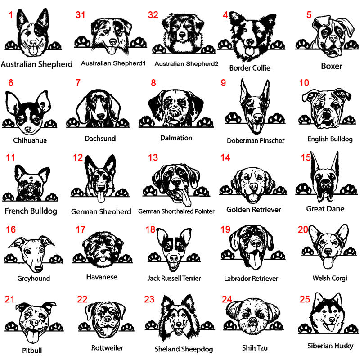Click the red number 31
pyautogui.click(x=81, y=15)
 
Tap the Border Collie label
pyautogui.click(x=250, y=68)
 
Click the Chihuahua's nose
pyautogui.click(x=28, y=129)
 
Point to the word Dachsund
pyautogui.click(x=100, y=139)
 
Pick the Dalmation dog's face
pyautogui.click(x=175, y=108)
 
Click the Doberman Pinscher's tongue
pyautogui.click(x=256, y=128)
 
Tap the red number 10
pyautogui.click(x=304, y=83)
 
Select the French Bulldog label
pyautogui.click(x=31, y=211)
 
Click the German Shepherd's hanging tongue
pyautogui.click(x=101, y=197)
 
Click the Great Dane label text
pyautogui.click(x=325, y=209)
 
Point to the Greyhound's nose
pyautogui.click(x=38, y=268)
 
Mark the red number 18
pyautogui.click(x=150, y=229)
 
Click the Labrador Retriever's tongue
pyautogui.click(x=253, y=261)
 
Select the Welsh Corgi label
pyautogui.click(x=330, y=278)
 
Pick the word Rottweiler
pyautogui.click(x=107, y=348)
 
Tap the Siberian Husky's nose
pyautogui.click(x=332, y=319)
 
